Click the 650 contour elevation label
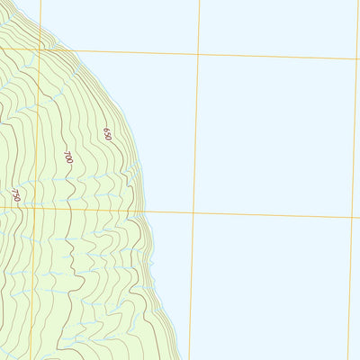click(x=107, y=133)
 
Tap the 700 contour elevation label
click(x=68, y=157)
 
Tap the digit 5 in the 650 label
click(x=107, y=133)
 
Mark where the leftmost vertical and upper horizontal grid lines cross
click(x=39, y=49)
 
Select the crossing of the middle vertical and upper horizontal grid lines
click(x=198, y=54)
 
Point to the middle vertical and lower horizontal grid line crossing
click(x=193, y=213)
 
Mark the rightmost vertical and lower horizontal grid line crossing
click(x=352, y=218)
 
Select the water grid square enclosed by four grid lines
click(x=274, y=135)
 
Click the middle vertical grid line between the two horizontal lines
click(x=195, y=135)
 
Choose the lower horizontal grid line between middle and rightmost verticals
click(x=272, y=215)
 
